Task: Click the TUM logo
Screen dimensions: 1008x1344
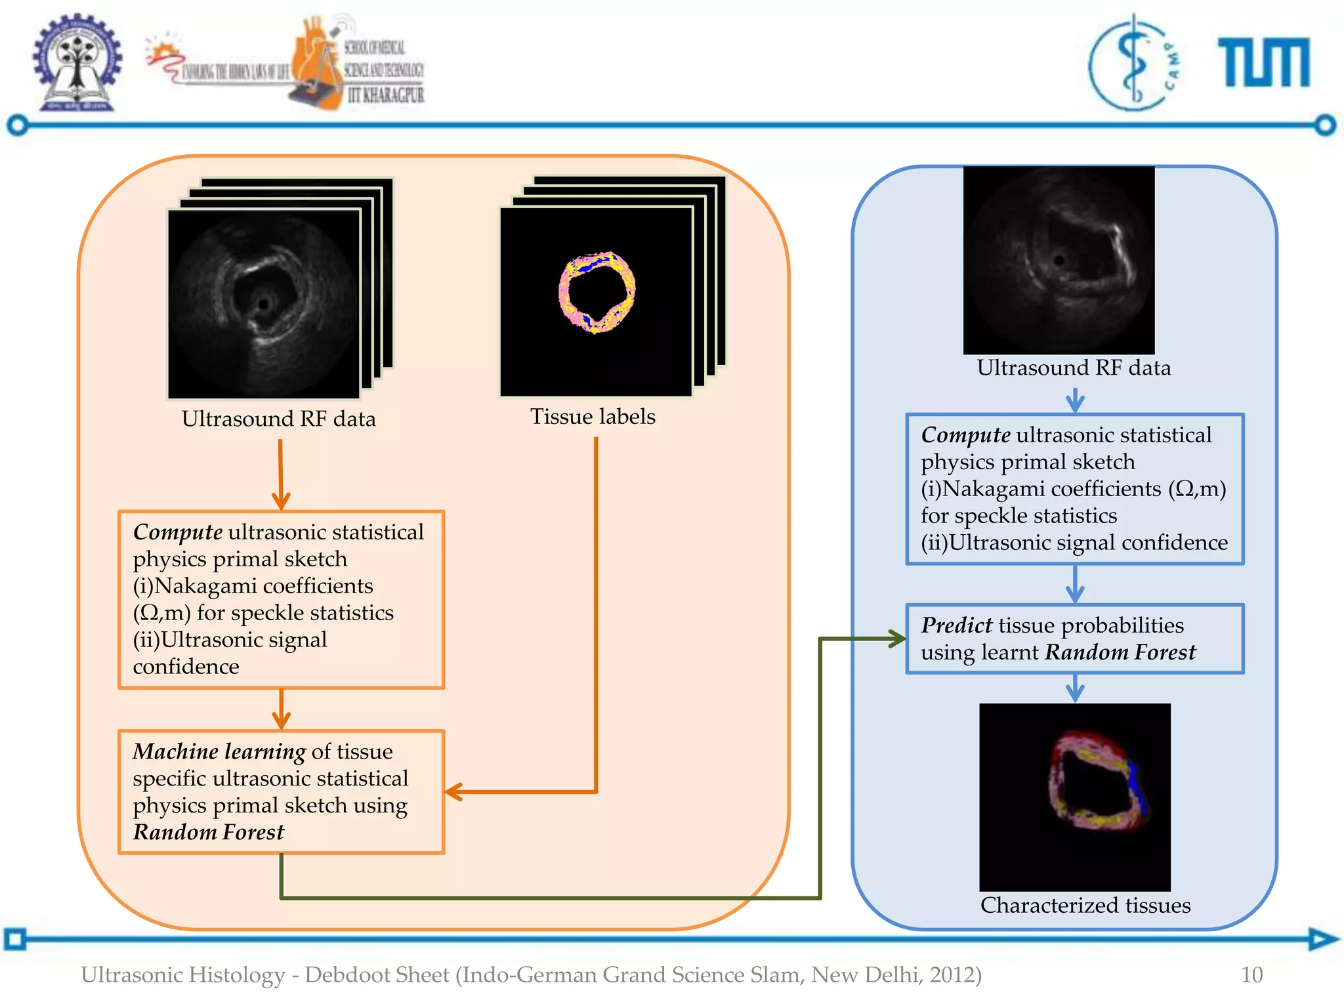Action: pos(1263,62)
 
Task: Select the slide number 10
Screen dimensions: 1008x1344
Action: pos(1251,975)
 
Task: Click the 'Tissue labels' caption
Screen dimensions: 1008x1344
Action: pos(593,417)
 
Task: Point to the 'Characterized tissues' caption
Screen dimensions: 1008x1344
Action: pos(1085,906)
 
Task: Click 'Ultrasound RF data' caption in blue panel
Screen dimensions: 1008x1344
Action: pos(1074,367)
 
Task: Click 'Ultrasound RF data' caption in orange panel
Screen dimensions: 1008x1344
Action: pos(279,419)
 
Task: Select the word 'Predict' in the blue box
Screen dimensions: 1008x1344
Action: pos(956,625)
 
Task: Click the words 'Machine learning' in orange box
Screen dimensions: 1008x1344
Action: pos(219,751)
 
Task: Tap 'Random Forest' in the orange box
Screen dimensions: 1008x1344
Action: pos(209,832)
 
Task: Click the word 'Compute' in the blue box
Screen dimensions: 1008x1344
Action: pos(965,435)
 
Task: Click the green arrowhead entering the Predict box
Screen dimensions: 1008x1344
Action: pos(896,639)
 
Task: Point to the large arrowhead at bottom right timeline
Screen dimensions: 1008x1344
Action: pos(1322,938)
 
